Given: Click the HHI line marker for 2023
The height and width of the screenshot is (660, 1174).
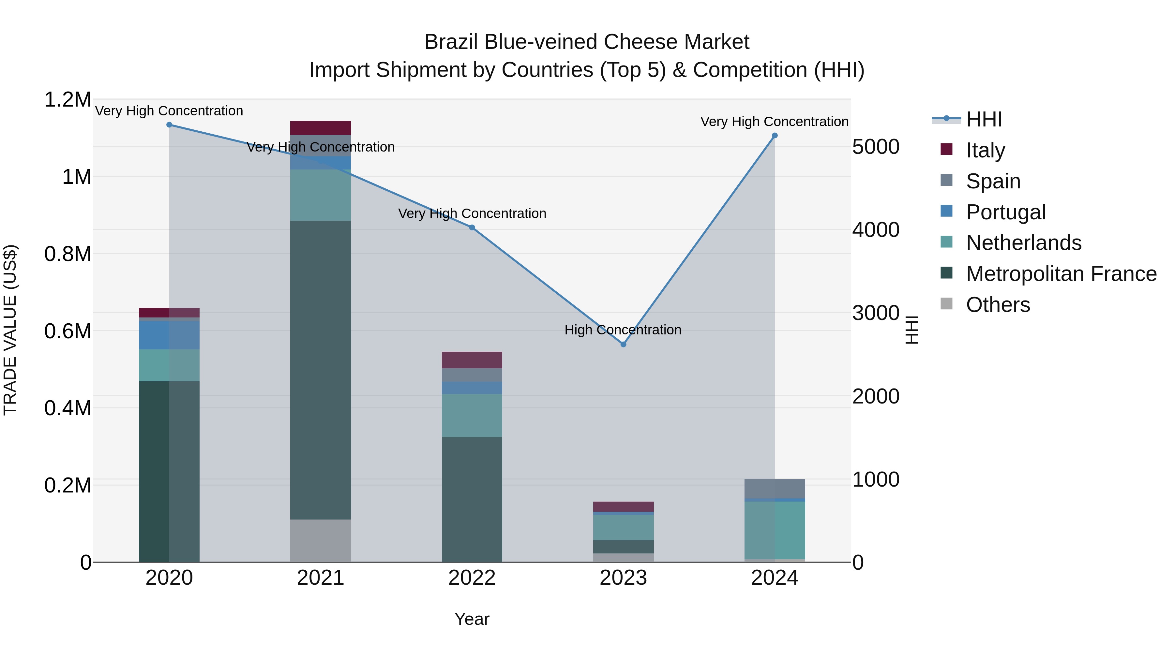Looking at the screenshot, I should point(624,345).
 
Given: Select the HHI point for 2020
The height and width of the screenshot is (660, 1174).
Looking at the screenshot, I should point(169,125).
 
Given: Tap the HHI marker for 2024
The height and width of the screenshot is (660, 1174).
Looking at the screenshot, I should point(775,136).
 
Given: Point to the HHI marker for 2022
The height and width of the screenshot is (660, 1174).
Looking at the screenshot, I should point(472,228).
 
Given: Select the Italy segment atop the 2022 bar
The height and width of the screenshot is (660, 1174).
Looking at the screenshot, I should point(472,360).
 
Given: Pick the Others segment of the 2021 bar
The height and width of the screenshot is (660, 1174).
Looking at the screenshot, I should point(320,541).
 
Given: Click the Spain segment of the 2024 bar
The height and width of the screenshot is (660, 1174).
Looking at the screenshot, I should point(775,489).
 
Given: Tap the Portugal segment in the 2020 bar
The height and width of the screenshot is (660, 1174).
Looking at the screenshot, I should point(169,335).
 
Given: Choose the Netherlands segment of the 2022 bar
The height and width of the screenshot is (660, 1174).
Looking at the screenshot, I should point(472,416).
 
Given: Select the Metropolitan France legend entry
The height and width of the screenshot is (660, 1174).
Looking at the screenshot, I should point(1061,274).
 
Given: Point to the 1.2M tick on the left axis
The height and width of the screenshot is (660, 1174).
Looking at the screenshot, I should point(68,99).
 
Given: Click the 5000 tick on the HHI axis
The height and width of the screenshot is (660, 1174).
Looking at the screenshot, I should point(876,147).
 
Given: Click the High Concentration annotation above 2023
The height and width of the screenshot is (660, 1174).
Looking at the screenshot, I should point(623,330).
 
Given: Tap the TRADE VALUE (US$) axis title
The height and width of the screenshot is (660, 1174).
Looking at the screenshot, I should point(10,330).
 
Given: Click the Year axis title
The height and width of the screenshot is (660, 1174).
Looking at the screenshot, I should point(472,619).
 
